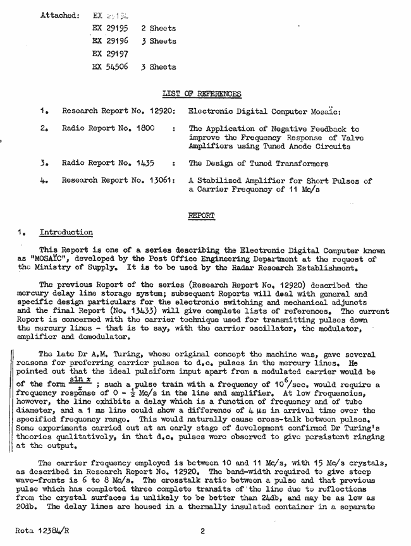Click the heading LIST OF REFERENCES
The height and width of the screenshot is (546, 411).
click(x=202, y=94)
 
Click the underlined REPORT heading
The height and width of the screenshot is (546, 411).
click(x=202, y=215)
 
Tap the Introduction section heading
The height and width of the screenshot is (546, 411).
click(x=66, y=233)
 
